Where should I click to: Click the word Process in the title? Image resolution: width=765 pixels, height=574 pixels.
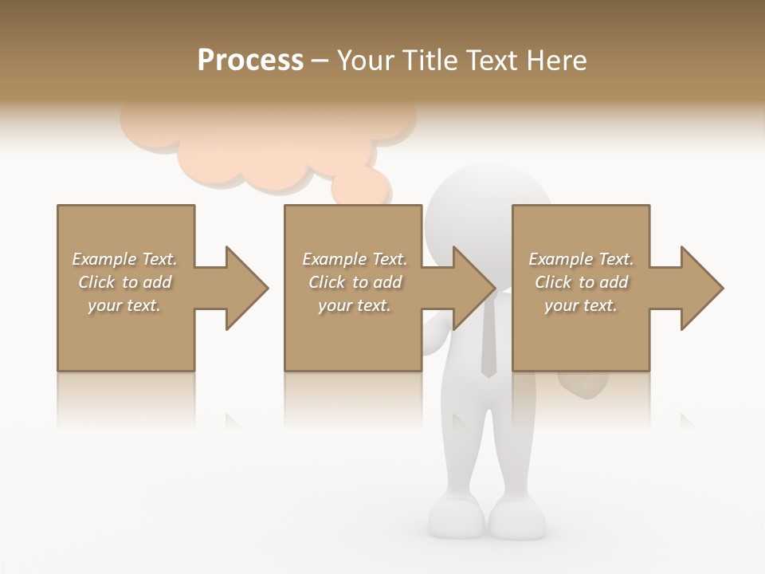tap(250, 60)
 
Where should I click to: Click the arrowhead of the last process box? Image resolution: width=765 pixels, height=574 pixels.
tap(700, 288)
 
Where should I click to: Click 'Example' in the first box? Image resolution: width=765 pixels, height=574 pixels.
tap(104, 259)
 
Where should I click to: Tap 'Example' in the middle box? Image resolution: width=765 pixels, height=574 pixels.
tap(334, 259)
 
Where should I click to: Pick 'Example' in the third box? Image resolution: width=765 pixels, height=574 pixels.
tap(560, 259)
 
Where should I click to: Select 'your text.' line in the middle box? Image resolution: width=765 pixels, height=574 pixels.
tap(354, 305)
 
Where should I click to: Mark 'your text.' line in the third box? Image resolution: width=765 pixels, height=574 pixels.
tap(580, 305)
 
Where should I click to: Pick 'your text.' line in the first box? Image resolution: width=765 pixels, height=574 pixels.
tap(124, 305)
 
